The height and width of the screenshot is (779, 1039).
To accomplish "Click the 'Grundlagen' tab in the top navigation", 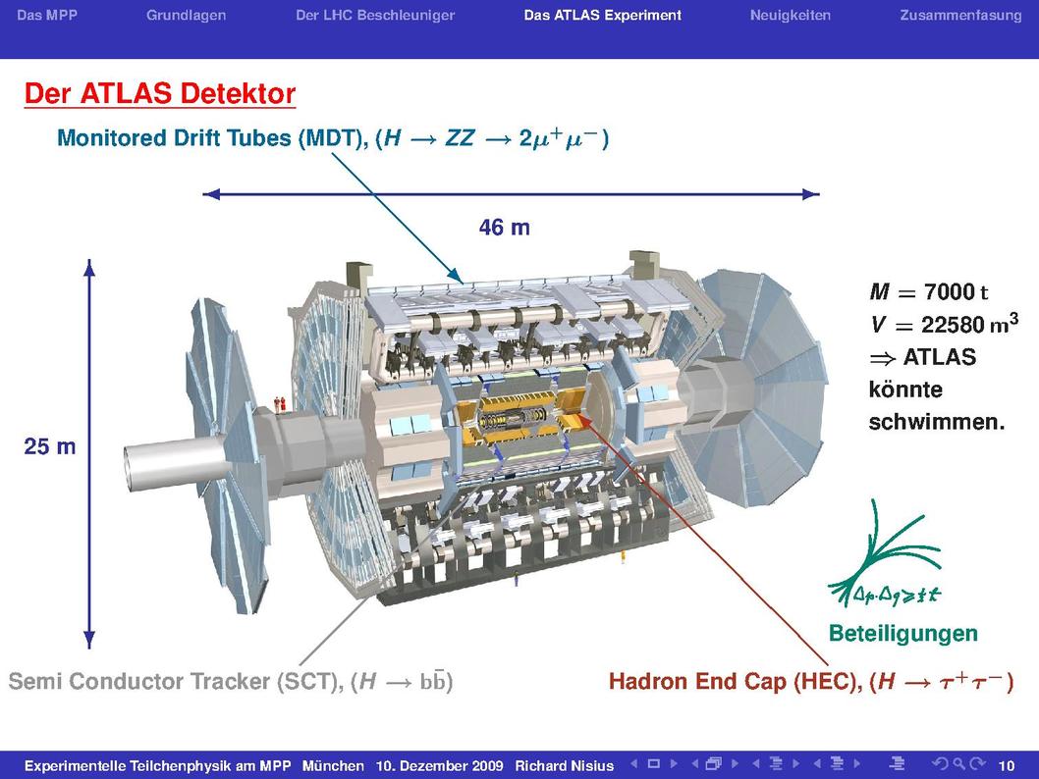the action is (x=187, y=16).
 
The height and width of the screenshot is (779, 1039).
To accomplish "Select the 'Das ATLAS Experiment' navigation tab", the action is (x=602, y=16).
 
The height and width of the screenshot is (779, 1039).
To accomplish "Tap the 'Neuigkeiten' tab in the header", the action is (x=790, y=16).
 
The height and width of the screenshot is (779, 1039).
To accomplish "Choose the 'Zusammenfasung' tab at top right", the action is (x=960, y=16).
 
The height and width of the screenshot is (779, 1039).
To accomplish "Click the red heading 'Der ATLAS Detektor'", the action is (x=160, y=93).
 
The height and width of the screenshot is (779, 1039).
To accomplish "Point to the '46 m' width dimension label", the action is (x=504, y=228).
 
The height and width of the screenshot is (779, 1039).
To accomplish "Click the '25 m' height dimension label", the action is (x=50, y=446).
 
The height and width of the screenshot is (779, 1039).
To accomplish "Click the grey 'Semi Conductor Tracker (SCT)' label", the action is (x=175, y=682).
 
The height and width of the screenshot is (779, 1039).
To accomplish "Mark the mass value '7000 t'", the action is (x=956, y=291).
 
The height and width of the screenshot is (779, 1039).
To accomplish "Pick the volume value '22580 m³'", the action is (x=969, y=324).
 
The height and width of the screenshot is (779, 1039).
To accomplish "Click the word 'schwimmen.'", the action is (x=936, y=422).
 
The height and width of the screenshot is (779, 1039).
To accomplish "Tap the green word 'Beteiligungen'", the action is (x=903, y=634).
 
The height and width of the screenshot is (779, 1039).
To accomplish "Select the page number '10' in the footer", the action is (x=1006, y=766).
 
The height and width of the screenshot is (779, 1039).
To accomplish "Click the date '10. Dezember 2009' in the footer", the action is (x=439, y=766).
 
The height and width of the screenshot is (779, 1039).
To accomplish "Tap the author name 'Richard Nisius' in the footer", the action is (x=565, y=766).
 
